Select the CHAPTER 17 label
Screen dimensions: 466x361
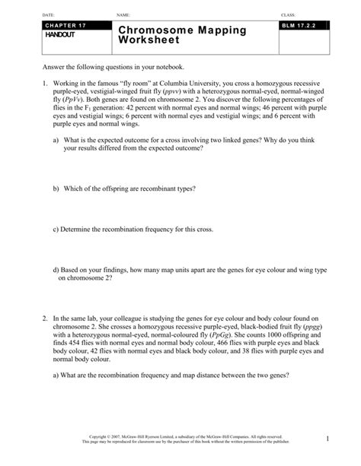coord(68,26)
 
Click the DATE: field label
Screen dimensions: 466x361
coord(50,14)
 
